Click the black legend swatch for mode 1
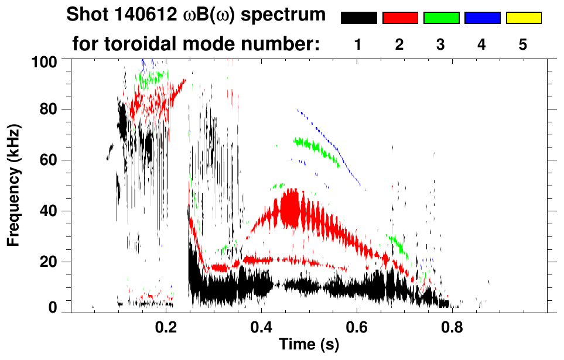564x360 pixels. pyautogui.click(x=358, y=18)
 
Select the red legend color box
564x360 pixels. pyautogui.click(x=399, y=18)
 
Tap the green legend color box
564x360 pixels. pyautogui.click(x=441, y=18)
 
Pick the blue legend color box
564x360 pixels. pyautogui.click(x=482, y=18)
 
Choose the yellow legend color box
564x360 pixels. pyautogui.click(x=524, y=18)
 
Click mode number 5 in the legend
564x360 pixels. pyautogui.click(x=523, y=44)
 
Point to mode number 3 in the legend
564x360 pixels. pyautogui.click(x=441, y=44)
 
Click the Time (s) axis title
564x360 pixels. pyautogui.click(x=309, y=345)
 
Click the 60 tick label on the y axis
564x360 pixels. pyautogui.click(x=47, y=160)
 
